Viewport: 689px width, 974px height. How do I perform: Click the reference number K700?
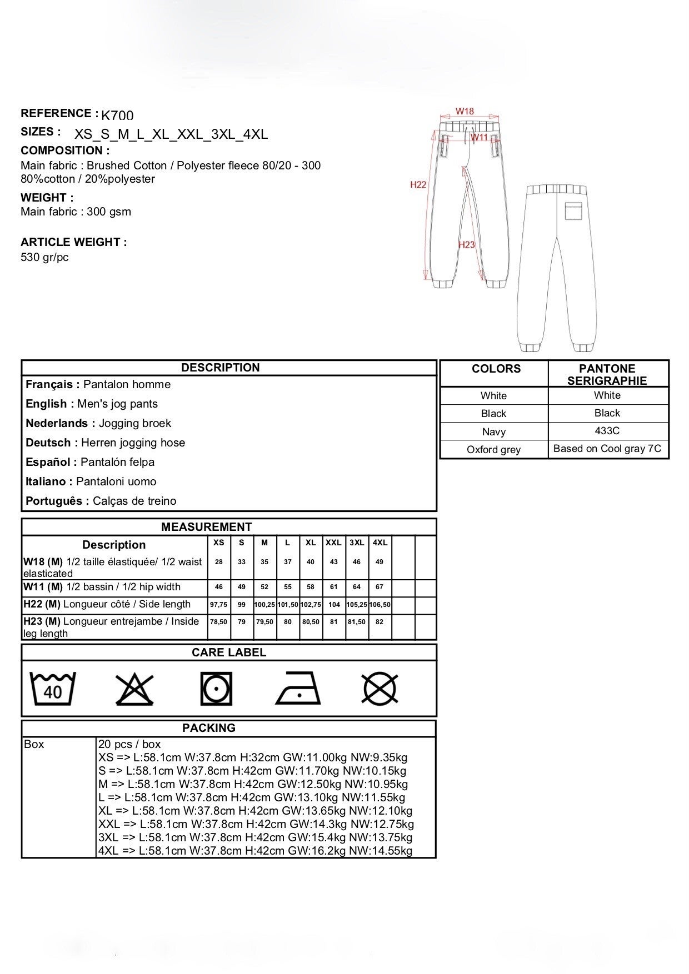(117, 116)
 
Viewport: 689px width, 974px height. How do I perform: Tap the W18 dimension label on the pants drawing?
(465, 111)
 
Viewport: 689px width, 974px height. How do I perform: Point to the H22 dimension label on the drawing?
(418, 184)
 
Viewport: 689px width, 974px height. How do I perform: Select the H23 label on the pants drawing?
(467, 244)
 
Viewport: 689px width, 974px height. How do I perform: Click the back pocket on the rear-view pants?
(573, 211)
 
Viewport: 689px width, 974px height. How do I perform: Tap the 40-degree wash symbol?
(52, 689)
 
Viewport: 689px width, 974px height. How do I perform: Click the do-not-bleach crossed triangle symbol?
(134, 689)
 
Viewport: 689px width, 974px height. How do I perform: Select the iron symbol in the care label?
(298, 689)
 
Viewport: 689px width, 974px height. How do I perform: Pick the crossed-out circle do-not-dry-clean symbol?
(380, 689)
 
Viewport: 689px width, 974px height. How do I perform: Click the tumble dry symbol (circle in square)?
(216, 689)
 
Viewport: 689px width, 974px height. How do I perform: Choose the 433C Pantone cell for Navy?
(607, 431)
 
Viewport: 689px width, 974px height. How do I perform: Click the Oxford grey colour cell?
(493, 449)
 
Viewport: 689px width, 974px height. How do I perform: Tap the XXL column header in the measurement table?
(333, 543)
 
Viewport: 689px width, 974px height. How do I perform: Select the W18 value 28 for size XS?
(219, 562)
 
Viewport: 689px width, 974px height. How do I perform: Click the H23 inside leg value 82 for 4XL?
(380, 622)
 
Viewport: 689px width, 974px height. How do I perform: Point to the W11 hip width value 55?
(288, 587)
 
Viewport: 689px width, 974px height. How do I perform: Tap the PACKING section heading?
(209, 728)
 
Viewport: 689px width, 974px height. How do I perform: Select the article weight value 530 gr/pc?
(44, 257)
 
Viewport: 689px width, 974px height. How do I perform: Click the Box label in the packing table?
(34, 744)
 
